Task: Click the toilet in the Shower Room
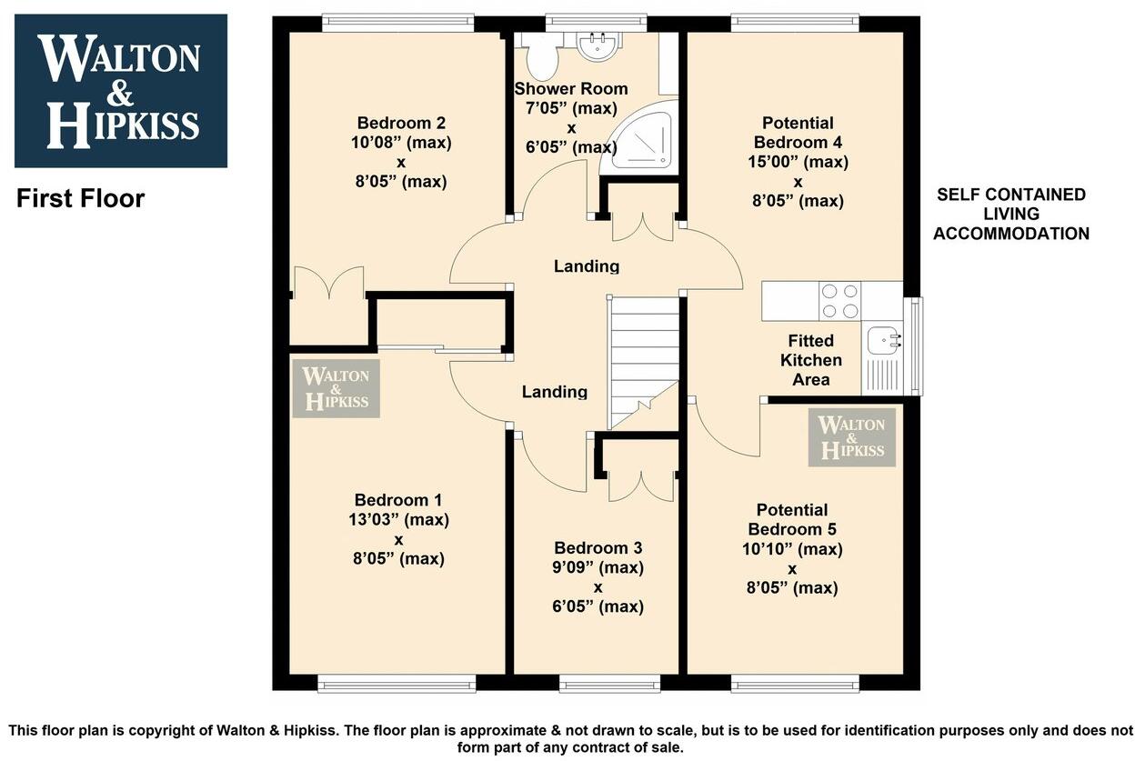coord(543,56)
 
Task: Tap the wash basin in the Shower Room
coord(598,45)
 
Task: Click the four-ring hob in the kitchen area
coord(839,301)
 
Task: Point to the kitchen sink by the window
coord(882,341)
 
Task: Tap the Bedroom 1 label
coord(398,500)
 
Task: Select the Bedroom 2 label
coord(401,123)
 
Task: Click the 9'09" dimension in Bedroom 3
coord(598,567)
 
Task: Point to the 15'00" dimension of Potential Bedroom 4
coord(798,162)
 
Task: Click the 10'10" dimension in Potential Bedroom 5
coord(791,549)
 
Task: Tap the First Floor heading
coord(80,198)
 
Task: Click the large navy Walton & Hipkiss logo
coord(121,91)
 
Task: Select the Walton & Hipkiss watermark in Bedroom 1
coord(336,389)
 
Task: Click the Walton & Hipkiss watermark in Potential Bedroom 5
coord(851,437)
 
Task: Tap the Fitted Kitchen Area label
coord(810,360)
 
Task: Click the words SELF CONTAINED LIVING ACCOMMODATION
coord(1010,214)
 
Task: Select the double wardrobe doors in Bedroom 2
coord(328,283)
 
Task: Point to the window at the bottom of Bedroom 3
coord(596,684)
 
